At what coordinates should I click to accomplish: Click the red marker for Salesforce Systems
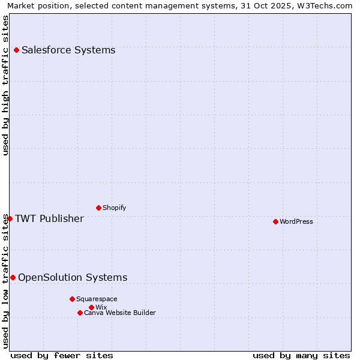[16, 50]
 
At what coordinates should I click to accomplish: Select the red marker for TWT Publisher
[10, 218]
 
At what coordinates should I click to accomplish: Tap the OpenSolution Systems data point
[13, 277]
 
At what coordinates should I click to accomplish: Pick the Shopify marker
[98, 208]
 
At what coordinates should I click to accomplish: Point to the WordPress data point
[275, 221]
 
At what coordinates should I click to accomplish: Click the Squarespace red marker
[72, 299]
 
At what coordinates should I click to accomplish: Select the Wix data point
[91, 307]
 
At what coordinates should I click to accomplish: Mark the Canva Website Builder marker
[80, 313]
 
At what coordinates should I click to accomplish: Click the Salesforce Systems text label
[68, 50]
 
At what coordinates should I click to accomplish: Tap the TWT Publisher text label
[49, 218]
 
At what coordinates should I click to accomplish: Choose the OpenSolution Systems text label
[73, 277]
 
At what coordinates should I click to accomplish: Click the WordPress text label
[296, 221]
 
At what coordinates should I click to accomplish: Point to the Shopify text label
[114, 208]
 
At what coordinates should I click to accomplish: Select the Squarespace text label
[97, 299]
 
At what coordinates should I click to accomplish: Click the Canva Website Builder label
[120, 313]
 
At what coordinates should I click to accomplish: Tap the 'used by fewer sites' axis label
[62, 355]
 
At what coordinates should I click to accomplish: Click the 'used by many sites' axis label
[301, 355]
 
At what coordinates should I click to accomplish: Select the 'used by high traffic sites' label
[5, 85]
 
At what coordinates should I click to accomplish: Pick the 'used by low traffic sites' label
[5, 281]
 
